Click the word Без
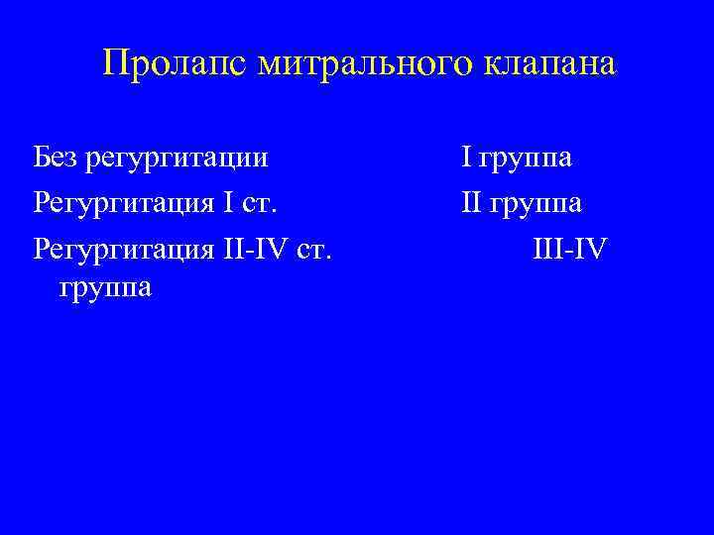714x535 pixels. (54, 156)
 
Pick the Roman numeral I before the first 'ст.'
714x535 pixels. (227, 203)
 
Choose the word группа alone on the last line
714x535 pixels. (106, 289)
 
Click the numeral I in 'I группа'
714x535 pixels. (464, 156)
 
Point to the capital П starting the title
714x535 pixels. (115, 64)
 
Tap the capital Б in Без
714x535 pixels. (40, 156)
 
